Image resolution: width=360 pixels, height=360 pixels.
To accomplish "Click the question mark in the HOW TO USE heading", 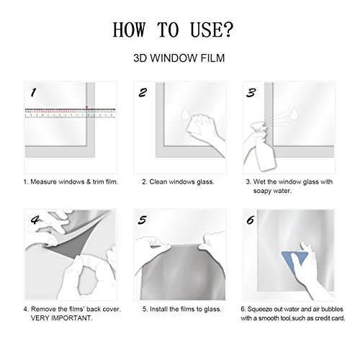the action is coord(226,30).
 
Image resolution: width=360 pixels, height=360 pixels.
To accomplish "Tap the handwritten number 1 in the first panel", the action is coord(33,92).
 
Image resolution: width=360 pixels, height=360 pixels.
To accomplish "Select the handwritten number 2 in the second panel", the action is coord(143,92).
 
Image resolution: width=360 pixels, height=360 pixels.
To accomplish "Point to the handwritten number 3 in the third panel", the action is coord(251,92).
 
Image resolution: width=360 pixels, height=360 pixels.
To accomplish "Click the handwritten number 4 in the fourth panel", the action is coord(35,220).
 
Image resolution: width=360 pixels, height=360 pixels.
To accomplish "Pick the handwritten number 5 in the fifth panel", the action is coord(143,220).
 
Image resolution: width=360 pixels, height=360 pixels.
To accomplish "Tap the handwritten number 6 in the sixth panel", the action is coord(251,220).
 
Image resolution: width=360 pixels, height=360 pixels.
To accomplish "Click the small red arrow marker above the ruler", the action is coord(87,107).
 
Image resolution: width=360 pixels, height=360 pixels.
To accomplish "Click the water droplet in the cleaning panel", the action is coord(185,114).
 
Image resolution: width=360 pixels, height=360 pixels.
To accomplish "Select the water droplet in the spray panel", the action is coord(294,113).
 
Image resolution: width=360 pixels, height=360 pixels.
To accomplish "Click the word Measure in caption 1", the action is coord(44,182).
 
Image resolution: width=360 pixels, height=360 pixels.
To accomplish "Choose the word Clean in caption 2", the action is coord(158,182).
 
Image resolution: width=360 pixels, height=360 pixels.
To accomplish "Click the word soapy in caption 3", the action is coord(262,192).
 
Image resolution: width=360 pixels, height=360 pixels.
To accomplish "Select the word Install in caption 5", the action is coord(158,309).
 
